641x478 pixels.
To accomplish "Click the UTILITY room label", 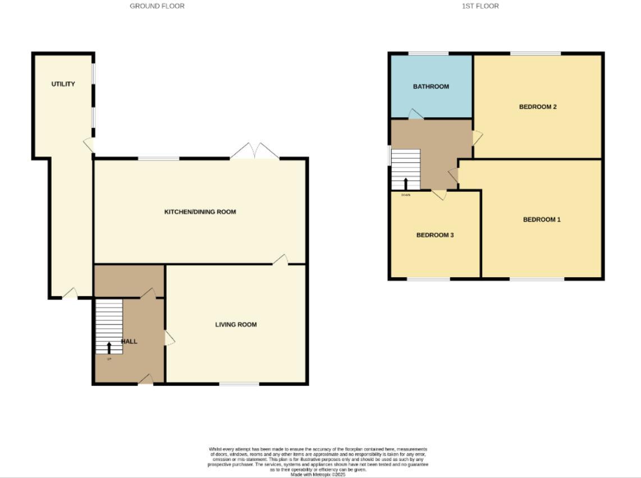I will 63,84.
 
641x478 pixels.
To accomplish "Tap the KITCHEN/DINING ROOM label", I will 200,212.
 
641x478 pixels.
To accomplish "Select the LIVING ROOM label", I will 236,324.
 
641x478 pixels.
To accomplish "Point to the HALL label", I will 129,341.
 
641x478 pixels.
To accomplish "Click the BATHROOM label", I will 431,86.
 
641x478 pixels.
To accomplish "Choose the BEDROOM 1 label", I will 542,219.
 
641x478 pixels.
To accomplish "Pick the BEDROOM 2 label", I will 538,107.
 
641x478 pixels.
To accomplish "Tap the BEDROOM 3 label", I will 435,235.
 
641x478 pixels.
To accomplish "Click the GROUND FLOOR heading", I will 157,6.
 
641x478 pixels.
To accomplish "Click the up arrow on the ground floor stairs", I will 109,347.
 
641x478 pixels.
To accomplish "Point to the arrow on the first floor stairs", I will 406,183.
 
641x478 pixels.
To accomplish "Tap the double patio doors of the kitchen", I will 255,151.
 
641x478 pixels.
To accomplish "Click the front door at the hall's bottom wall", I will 146,380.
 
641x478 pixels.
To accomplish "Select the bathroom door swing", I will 416,114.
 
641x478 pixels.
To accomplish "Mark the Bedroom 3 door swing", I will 439,195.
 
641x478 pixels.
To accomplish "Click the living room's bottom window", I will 239,384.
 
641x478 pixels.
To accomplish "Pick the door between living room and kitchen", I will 281,259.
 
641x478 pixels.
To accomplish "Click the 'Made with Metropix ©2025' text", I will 318,475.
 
